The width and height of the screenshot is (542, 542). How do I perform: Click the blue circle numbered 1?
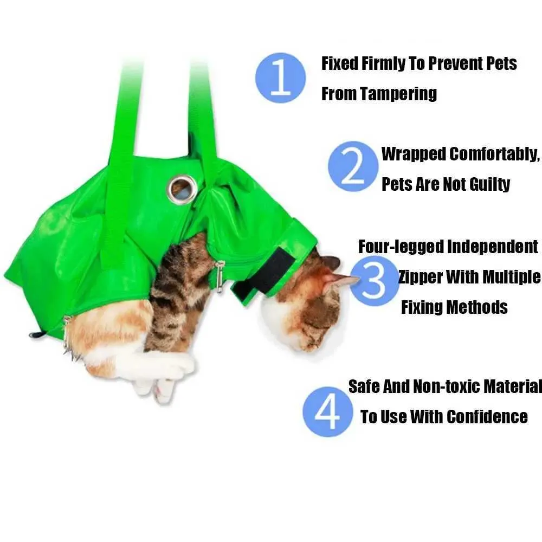tap(281, 78)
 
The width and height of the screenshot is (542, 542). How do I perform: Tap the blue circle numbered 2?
tap(353, 166)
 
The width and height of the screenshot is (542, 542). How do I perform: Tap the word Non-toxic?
tap(447, 386)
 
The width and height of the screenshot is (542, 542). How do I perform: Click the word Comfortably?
tap(494, 154)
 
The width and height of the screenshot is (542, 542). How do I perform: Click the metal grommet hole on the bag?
tap(181, 188)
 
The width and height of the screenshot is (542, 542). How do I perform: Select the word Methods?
tap(478, 307)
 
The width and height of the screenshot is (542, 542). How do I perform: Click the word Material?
tap(513, 386)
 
